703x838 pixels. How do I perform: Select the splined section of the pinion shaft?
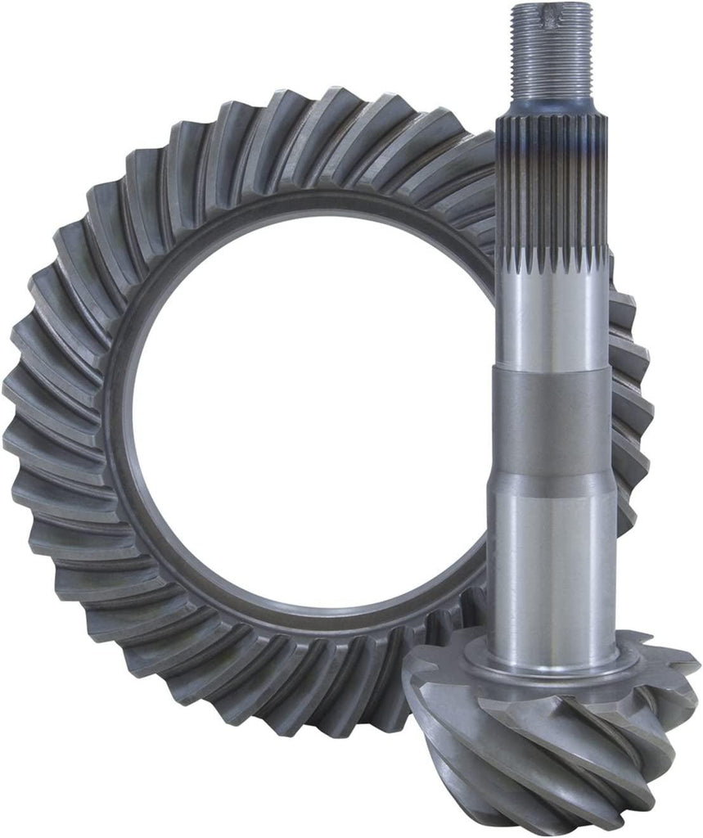click(x=550, y=188)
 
